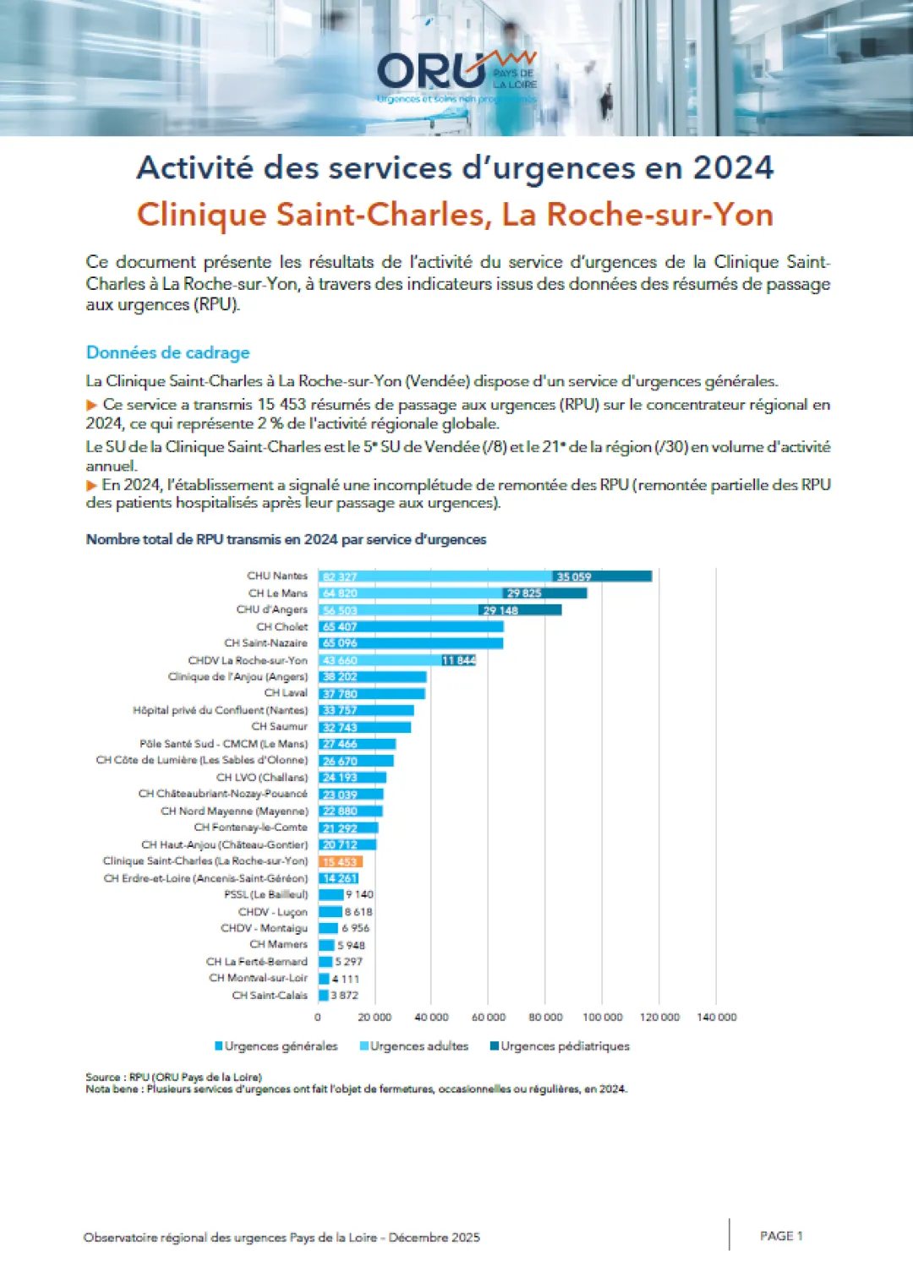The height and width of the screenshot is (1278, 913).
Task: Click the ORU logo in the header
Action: pyautogui.click(x=456, y=74)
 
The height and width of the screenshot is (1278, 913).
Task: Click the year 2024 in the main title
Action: pyautogui.click(x=733, y=167)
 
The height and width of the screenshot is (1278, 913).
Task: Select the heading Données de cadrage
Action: pyautogui.click(x=168, y=352)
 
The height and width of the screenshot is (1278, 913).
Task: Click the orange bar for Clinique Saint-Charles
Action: pyautogui.click(x=341, y=861)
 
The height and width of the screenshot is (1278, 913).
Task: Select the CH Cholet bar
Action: pyautogui.click(x=411, y=626)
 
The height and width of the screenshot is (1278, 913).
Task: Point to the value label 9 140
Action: pyautogui.click(x=359, y=894)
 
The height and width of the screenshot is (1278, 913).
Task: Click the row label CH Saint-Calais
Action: pyautogui.click(x=270, y=995)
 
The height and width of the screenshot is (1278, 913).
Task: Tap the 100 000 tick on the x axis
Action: pyautogui.click(x=602, y=1017)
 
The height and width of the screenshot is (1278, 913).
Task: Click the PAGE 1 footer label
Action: pyautogui.click(x=781, y=1236)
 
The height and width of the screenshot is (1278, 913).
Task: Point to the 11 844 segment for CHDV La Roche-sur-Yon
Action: pyautogui.click(x=459, y=660)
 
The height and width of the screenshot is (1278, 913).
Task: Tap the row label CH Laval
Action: pyautogui.click(x=286, y=692)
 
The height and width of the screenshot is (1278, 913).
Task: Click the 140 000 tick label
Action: pyautogui.click(x=716, y=1017)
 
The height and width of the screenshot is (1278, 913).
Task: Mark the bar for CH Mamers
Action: pyautogui.click(x=326, y=945)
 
